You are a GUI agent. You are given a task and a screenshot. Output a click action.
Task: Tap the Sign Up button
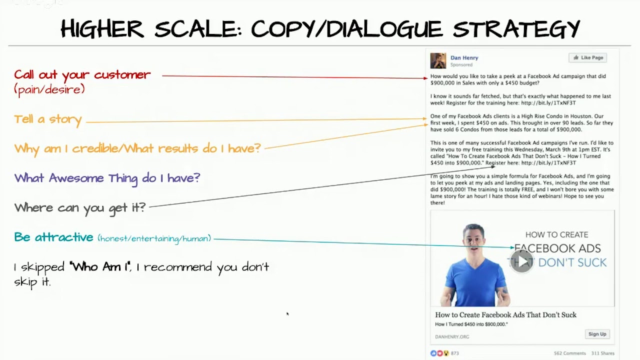[597, 334]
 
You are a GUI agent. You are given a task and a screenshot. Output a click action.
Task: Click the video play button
[522, 261]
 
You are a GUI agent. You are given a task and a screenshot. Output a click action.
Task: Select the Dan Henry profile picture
[438, 60]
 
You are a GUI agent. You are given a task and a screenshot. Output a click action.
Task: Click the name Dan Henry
[464, 57]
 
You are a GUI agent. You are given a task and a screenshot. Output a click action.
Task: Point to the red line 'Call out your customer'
[82, 75]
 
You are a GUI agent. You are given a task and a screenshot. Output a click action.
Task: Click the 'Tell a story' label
[47, 119]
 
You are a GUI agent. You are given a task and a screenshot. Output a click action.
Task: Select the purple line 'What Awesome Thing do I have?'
[107, 178]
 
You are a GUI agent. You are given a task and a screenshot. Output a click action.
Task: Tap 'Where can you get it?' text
[79, 207]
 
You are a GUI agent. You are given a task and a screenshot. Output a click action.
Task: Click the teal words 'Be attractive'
[53, 237]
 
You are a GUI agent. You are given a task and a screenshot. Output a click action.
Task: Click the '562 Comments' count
[569, 353]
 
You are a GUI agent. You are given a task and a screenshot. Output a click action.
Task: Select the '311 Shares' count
[602, 353]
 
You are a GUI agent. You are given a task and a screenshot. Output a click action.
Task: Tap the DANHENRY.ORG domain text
[452, 336]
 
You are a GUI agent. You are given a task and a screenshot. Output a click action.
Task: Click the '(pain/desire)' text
[49, 90]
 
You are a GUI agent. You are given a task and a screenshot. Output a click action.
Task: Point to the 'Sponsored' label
[461, 65]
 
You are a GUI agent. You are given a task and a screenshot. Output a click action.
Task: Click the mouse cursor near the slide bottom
[287, 314]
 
